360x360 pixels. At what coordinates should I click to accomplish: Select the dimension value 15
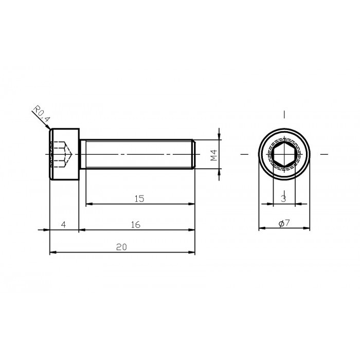click(138, 198)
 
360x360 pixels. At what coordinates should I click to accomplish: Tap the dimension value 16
click(136, 225)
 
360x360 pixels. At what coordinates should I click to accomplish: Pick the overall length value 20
click(121, 247)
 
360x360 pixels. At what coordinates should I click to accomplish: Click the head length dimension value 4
click(63, 225)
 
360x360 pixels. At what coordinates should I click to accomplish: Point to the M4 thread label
click(213, 154)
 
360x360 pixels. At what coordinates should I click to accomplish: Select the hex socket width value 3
click(283, 198)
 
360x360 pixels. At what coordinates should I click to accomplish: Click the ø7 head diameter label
click(284, 223)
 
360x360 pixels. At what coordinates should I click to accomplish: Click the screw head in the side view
click(64, 154)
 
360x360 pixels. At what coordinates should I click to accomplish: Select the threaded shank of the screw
click(136, 154)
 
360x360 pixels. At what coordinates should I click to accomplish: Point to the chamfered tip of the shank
click(194, 154)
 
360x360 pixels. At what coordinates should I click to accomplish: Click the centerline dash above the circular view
click(284, 114)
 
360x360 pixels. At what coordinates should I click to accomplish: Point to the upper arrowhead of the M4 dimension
click(220, 136)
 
